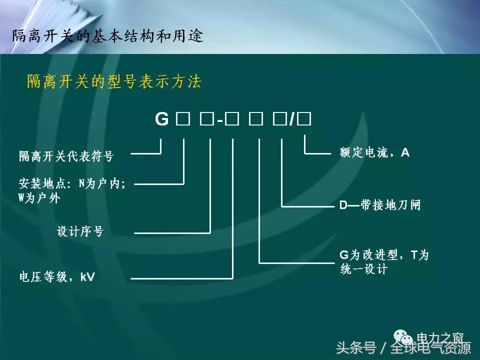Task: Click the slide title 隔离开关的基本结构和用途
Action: (x=107, y=36)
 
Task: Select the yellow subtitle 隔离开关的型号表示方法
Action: (x=114, y=82)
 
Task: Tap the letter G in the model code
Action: (x=162, y=120)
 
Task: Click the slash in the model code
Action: (x=291, y=120)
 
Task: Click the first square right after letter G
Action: (x=182, y=120)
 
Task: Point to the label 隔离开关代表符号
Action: (x=66, y=156)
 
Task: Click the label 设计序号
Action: (x=80, y=232)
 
